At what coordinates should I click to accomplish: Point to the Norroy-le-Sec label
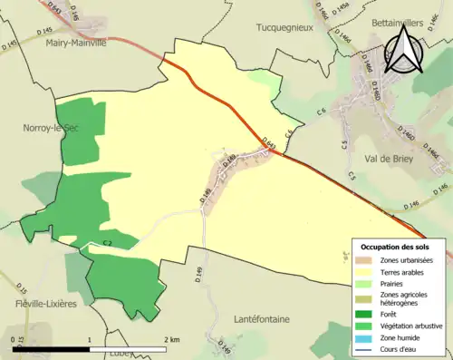[30, 129]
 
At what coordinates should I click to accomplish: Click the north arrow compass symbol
[404, 51]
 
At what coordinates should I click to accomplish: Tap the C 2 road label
[106, 244]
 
